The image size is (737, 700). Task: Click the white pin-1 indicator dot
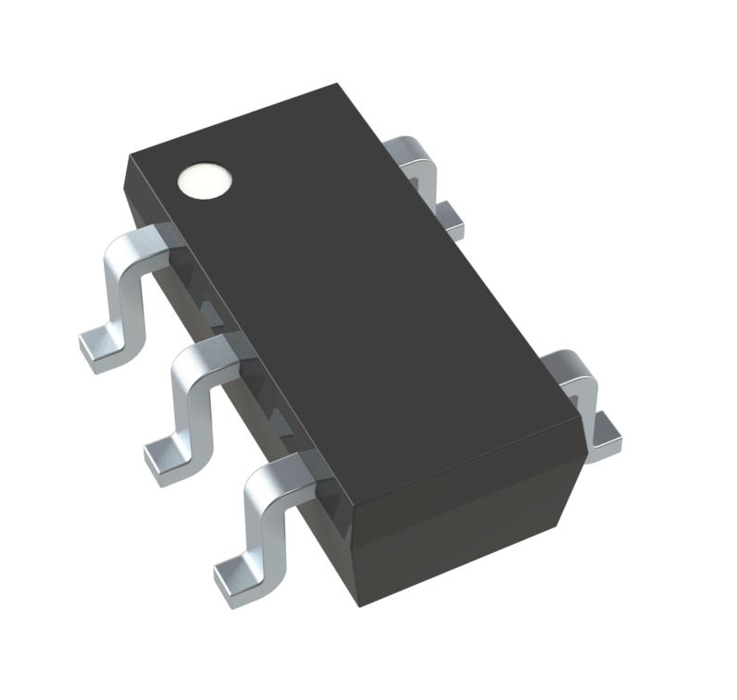coord(203,180)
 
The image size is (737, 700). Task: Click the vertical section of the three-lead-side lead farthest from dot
coord(261,521)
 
